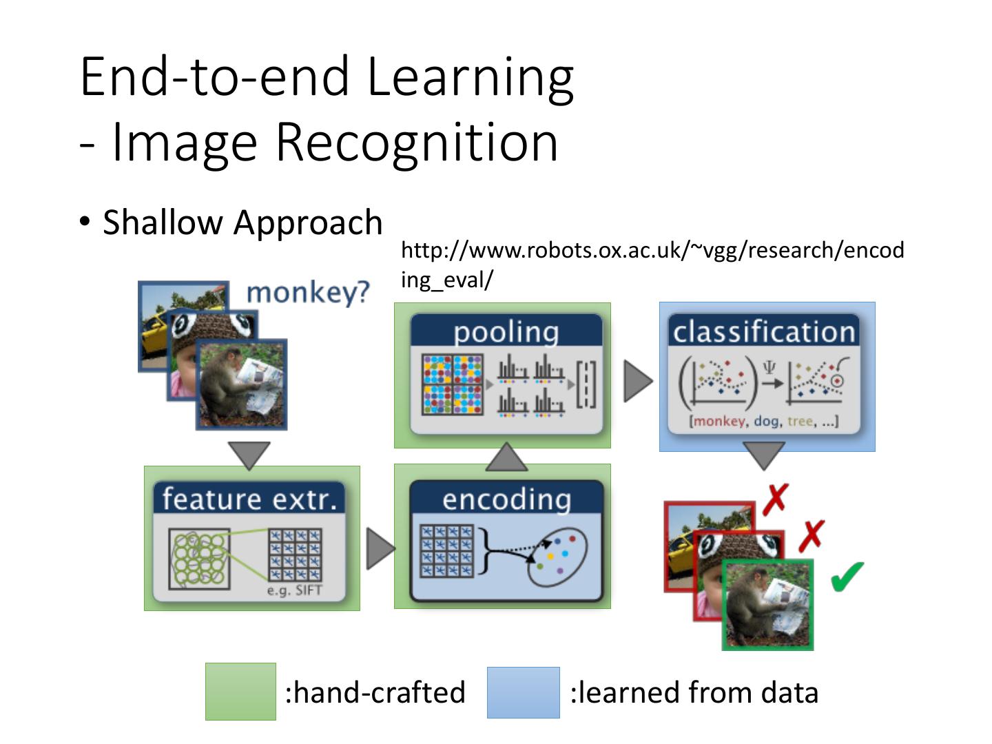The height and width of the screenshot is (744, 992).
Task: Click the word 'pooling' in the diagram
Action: [506, 332]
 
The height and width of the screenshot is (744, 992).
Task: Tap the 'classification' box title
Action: [764, 332]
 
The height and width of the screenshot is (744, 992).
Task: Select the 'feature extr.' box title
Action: [249, 499]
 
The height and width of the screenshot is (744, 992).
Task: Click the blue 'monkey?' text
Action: [308, 292]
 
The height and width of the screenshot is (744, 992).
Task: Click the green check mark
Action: [847, 576]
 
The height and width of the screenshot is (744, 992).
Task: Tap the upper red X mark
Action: [776, 497]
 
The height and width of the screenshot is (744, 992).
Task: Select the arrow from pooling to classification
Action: [637, 380]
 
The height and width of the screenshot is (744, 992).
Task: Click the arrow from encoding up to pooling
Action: [506, 457]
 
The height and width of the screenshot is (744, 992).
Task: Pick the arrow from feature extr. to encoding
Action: [379, 549]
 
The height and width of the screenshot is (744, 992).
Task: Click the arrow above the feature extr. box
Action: [249, 455]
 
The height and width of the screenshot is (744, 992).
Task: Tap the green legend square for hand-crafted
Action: [240, 692]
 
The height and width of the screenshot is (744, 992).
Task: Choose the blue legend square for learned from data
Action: [523, 692]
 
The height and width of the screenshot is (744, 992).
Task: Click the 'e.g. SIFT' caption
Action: [294, 590]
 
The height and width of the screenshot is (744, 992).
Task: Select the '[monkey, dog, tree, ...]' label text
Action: [764, 421]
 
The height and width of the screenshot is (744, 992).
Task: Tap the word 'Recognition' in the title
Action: [417, 143]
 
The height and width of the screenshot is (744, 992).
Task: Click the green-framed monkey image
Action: [767, 605]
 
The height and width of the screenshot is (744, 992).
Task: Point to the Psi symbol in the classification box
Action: [769, 369]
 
